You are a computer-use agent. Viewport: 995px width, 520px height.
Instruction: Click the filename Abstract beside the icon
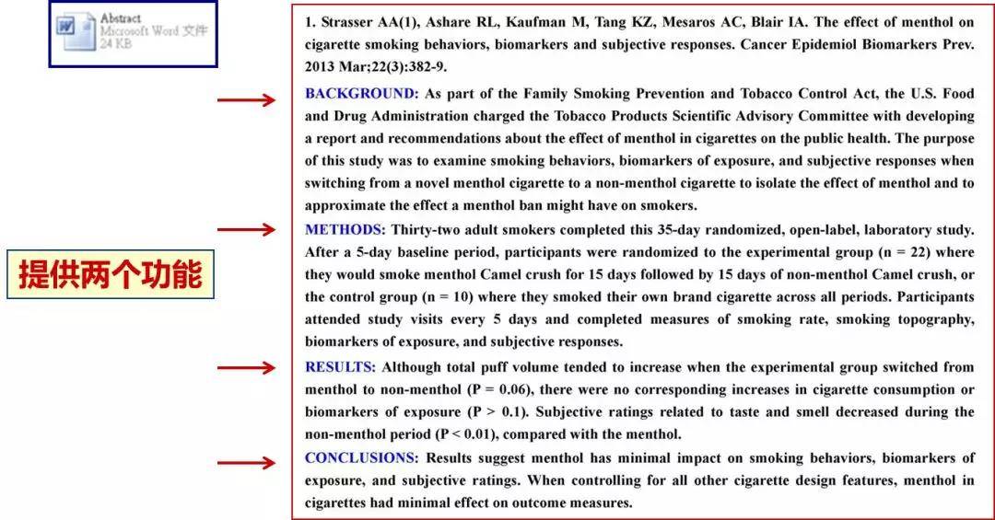point(122,18)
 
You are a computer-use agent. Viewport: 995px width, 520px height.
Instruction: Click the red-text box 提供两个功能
point(111,274)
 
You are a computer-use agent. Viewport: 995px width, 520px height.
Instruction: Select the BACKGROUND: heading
point(361,94)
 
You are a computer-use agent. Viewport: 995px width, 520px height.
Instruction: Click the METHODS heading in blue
point(342,229)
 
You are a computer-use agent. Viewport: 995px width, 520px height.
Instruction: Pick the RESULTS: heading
point(340,367)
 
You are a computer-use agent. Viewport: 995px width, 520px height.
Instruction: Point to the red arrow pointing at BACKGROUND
point(246,99)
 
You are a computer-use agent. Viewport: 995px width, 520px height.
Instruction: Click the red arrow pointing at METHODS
point(246,229)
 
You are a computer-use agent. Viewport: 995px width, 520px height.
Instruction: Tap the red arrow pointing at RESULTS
point(246,368)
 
